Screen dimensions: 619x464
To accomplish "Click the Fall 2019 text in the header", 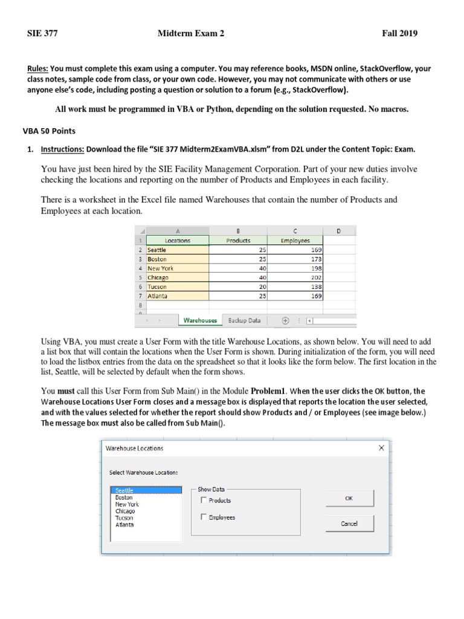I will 399,34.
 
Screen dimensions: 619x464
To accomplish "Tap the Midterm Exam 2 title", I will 190,34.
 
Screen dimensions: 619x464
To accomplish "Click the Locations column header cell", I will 178,240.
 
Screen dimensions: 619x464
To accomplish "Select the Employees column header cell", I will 295,240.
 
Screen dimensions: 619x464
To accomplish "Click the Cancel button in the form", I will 349,523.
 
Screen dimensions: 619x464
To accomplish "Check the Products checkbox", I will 204,501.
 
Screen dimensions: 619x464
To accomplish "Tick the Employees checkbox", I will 204,517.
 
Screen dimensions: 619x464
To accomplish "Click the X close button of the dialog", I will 381,448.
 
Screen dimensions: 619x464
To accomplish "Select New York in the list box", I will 127,504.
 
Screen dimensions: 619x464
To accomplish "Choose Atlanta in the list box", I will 124,525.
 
